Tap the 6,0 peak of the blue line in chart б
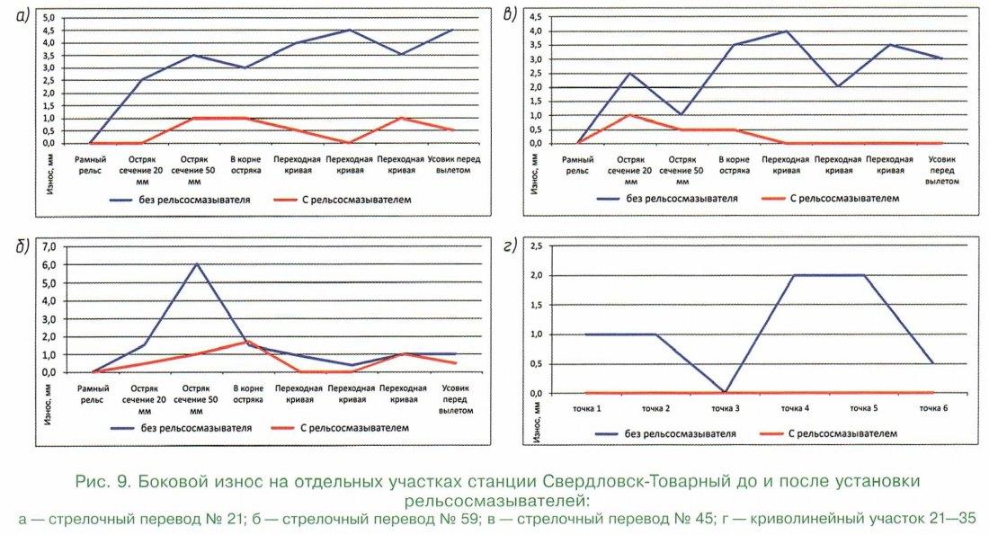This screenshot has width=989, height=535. pos(195,263)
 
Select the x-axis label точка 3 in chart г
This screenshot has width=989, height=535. pos(726,408)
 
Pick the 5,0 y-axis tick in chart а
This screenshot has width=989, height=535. pos(47,18)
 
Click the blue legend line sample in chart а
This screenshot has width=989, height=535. pos(127,200)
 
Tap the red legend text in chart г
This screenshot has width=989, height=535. pos(846,432)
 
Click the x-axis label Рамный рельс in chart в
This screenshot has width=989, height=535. pos(577,165)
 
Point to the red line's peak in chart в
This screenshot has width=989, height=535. pos(629,115)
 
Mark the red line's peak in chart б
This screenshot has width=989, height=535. pos(247,342)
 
